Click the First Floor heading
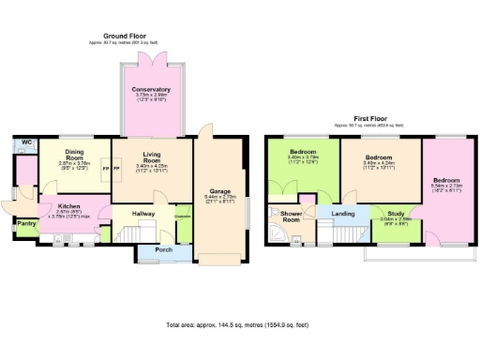pyautogui.click(x=372, y=120)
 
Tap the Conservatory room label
pyautogui.click(x=151, y=90)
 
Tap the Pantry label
pyautogui.click(x=25, y=224)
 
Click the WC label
pyautogui.click(x=27, y=142)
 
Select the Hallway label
pyautogui.click(x=143, y=215)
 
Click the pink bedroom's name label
pyautogui.click(x=445, y=178)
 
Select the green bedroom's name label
pyautogui.click(x=302, y=152)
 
